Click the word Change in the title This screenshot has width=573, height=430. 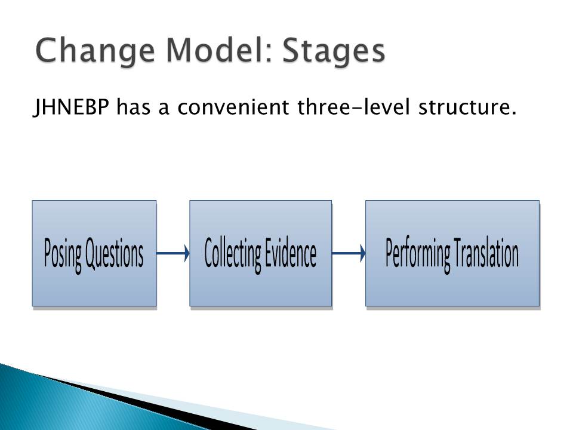(95, 51)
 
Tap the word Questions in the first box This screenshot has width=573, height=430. (114, 253)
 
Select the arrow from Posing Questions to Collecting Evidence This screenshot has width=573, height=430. (173, 253)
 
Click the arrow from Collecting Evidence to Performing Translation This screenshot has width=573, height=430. (349, 253)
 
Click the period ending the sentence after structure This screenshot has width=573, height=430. (513, 113)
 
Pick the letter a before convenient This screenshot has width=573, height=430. (164, 109)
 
